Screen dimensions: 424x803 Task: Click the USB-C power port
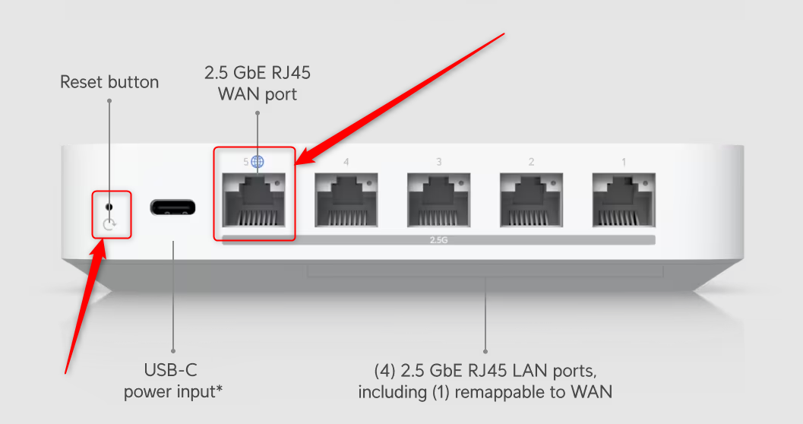(x=172, y=207)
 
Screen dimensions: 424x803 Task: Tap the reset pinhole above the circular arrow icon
(x=109, y=206)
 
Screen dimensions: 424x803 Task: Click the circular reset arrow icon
(x=110, y=224)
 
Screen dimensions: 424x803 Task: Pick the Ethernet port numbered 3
(x=439, y=201)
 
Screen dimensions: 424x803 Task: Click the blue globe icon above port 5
(x=258, y=161)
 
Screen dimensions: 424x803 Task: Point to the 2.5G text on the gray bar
(x=439, y=240)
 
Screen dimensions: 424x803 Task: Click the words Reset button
(x=109, y=82)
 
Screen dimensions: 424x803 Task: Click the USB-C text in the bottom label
(x=172, y=371)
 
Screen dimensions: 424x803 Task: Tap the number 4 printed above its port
(x=346, y=162)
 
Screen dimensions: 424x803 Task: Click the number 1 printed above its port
(x=624, y=162)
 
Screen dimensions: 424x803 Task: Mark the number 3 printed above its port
(x=439, y=162)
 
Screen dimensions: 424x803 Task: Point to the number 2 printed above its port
(x=531, y=162)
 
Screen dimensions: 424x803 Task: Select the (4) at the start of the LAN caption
(x=385, y=372)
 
